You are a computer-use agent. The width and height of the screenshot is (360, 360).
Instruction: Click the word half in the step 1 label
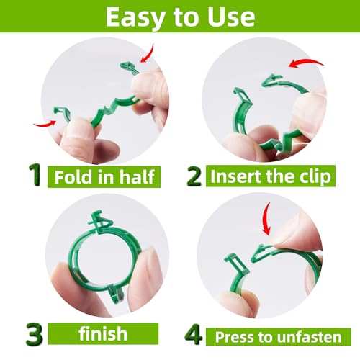point(135,176)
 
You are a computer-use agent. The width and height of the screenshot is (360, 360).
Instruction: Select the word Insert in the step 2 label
point(238,176)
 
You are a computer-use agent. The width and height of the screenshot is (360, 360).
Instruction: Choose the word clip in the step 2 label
point(324,176)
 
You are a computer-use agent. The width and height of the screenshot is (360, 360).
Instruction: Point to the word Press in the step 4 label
point(233,336)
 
